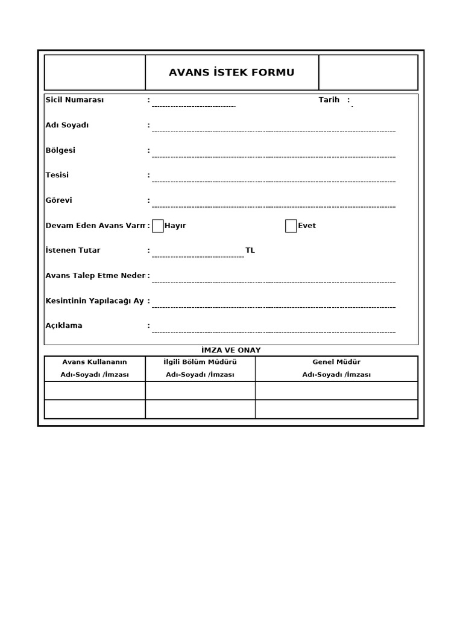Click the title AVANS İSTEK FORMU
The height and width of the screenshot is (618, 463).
(x=231, y=73)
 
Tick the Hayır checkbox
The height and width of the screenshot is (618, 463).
(x=158, y=226)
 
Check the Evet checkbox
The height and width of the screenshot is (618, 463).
(x=291, y=226)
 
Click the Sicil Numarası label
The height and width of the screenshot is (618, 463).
(x=75, y=100)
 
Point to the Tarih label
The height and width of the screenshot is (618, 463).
(x=329, y=100)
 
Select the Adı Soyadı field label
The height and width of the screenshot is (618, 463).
(x=68, y=126)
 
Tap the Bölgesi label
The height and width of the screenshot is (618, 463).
(x=61, y=150)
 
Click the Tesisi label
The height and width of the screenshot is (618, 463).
(x=57, y=175)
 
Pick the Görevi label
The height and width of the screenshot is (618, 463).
(x=59, y=200)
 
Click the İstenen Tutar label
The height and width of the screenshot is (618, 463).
(x=73, y=250)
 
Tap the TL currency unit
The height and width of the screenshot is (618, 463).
(x=250, y=250)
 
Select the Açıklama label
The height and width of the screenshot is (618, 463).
(x=64, y=326)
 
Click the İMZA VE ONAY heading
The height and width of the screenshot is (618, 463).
(x=231, y=351)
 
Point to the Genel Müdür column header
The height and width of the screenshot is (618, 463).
(x=336, y=362)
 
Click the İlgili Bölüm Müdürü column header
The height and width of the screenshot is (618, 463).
(x=200, y=362)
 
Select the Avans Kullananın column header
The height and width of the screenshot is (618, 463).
(x=95, y=362)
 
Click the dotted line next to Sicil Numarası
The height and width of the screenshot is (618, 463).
(x=194, y=106)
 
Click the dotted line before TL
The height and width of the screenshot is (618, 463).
(x=198, y=256)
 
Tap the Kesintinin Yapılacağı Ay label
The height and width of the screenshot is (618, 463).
(x=95, y=301)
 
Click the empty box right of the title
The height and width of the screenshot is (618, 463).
(x=368, y=72)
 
